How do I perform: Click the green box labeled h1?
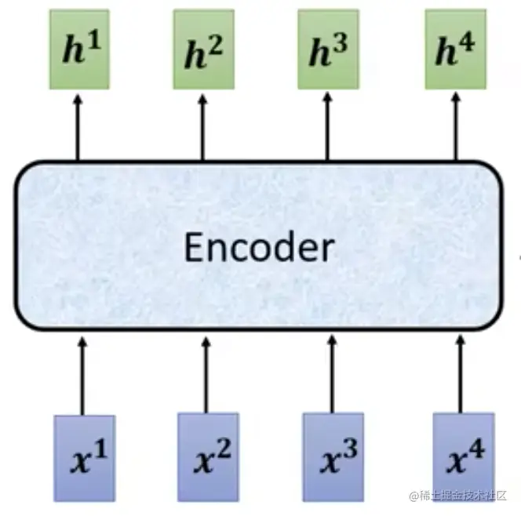pos(78,49)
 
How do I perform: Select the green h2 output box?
pos(203,49)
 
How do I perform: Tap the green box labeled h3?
pos(328,49)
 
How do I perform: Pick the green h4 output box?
pos(455,49)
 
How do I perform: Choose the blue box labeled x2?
pos(207,457)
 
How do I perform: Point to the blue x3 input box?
pos(333,457)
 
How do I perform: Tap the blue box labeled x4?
pos(463,457)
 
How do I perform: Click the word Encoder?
pos(258,248)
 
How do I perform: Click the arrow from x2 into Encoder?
pos(206,373)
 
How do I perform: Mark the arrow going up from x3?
pos(331,373)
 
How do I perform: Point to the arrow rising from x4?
pos(461,373)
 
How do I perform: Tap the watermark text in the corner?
pos(459,496)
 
